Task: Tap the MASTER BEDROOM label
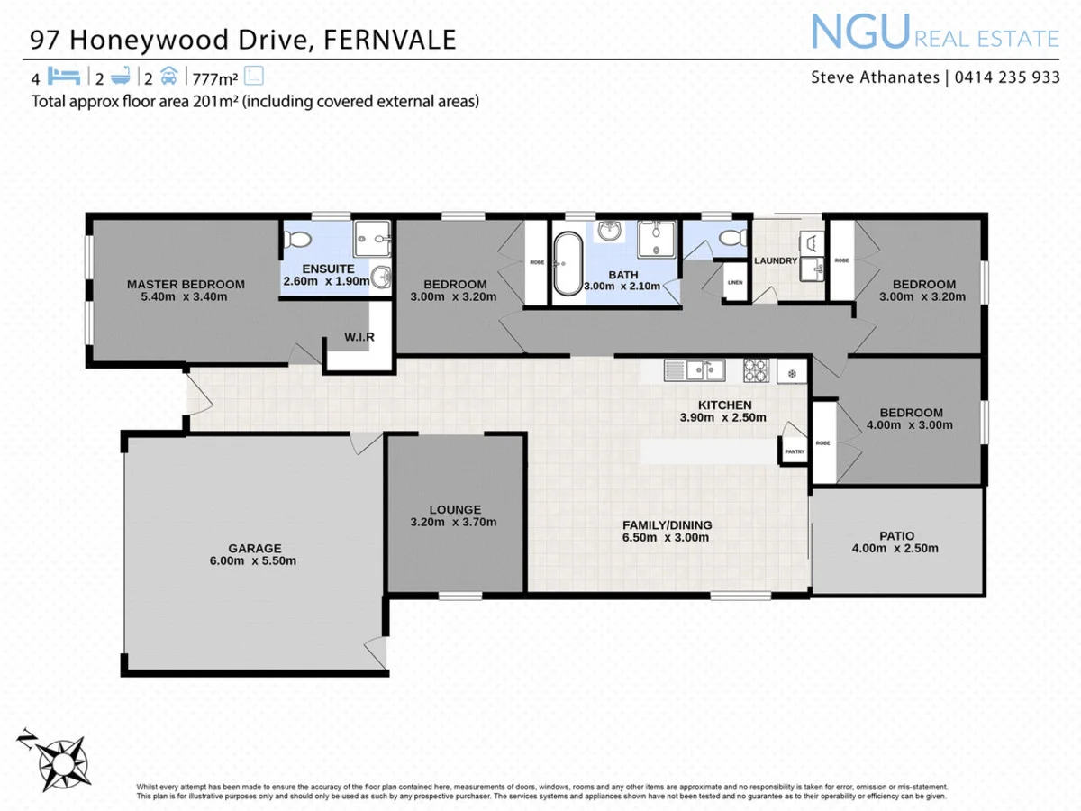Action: [x=186, y=284]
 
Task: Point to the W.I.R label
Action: [x=359, y=337]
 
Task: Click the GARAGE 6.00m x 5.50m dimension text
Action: [x=253, y=560]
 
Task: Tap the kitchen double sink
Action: [x=695, y=369]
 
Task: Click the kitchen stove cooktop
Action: [x=755, y=370]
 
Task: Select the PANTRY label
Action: [x=795, y=451]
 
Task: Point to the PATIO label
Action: [x=896, y=536]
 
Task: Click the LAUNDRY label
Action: [x=776, y=261]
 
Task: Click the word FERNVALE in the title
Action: [x=390, y=40]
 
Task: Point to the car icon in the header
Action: [x=168, y=76]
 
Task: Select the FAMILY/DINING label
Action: [x=667, y=525]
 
